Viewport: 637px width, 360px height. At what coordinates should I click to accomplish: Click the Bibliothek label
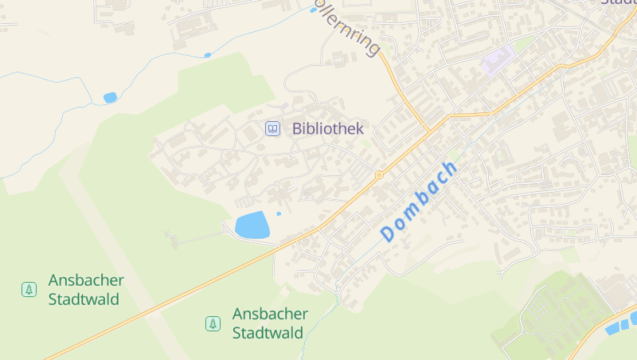[x=327, y=128]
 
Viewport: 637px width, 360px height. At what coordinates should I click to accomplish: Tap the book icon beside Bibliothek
[x=272, y=128]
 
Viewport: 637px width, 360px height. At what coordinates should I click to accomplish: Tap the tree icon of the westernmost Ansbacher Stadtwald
[x=29, y=289]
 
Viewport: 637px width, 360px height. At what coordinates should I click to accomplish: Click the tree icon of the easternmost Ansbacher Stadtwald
[x=213, y=323]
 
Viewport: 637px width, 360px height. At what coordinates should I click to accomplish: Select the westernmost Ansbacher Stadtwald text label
[x=86, y=290]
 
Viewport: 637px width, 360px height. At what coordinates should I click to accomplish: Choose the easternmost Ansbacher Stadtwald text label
[x=269, y=323]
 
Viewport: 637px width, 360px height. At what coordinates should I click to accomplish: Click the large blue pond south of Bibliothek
[x=252, y=225]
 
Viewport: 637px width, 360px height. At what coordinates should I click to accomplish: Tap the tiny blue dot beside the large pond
[x=279, y=213]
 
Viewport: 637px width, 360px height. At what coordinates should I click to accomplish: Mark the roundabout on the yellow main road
[x=379, y=174]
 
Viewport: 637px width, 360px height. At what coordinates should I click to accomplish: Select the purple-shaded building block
[x=499, y=61]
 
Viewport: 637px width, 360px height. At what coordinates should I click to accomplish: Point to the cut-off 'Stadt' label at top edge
[x=619, y=3]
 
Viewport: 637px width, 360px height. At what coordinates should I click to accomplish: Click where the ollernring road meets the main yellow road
[x=430, y=129]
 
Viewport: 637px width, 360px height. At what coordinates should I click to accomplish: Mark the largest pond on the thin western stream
[x=110, y=97]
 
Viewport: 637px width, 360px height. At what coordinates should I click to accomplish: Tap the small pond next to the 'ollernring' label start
[x=313, y=10]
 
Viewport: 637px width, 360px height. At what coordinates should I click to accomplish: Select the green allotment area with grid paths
[x=557, y=315]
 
